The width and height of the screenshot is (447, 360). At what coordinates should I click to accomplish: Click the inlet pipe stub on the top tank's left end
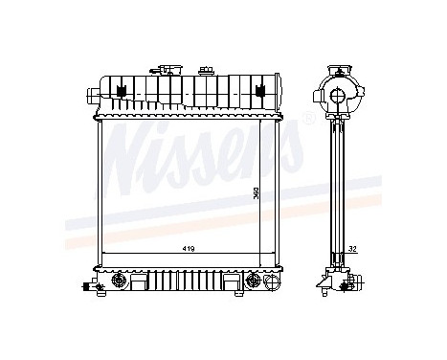(91, 95)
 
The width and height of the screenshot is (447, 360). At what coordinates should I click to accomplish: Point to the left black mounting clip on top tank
(121, 91)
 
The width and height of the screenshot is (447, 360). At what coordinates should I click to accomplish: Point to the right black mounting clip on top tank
(257, 91)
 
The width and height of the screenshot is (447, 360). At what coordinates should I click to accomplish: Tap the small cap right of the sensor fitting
(205, 70)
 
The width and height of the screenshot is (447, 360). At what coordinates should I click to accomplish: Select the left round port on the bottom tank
(120, 281)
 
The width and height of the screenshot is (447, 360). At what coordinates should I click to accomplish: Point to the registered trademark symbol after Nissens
(308, 119)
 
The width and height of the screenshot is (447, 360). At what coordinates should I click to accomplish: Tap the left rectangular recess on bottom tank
(144, 283)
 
